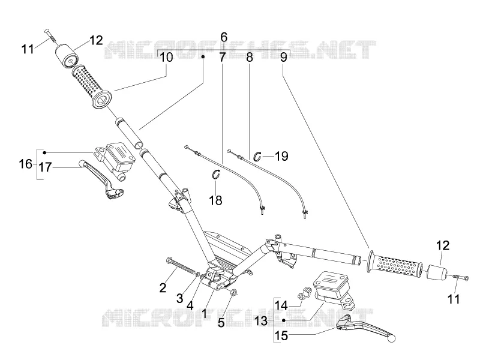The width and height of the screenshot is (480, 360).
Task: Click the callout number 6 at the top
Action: pos(224,37)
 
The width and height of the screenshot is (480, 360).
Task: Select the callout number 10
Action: pos(167,57)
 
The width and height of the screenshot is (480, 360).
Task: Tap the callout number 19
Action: pos(281,156)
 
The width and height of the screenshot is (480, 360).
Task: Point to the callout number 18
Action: pos(215,200)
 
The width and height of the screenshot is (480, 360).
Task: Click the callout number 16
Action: pos(26,164)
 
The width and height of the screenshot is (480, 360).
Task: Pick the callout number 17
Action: pos(46,167)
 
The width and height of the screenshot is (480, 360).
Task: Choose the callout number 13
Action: pos(261,321)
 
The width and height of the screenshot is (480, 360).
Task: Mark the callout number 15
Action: pos(281,335)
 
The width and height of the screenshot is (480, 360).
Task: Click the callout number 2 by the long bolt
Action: pos(163,288)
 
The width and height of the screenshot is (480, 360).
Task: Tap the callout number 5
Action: pos(221,323)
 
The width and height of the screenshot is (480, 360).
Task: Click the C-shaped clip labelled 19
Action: pos(258,157)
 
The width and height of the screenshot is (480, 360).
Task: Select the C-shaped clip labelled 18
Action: pos(217,174)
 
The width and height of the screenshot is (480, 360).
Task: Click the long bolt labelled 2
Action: pos(182,266)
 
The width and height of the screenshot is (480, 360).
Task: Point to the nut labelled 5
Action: pos(233,292)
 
